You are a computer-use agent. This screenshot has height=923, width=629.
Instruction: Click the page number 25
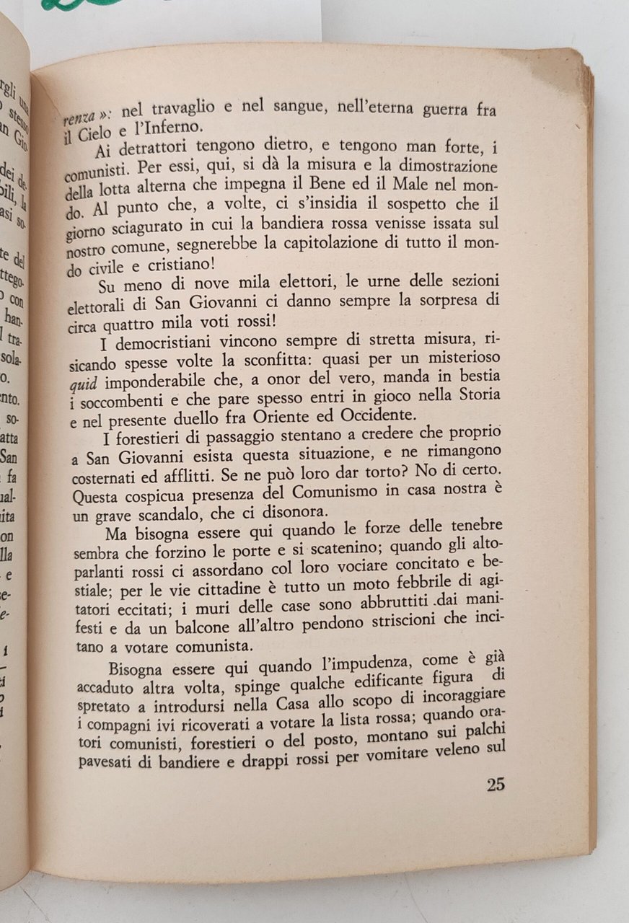pyautogui.click(x=495, y=785)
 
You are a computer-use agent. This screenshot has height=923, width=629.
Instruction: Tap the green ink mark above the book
pyautogui.click(x=79, y=4)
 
